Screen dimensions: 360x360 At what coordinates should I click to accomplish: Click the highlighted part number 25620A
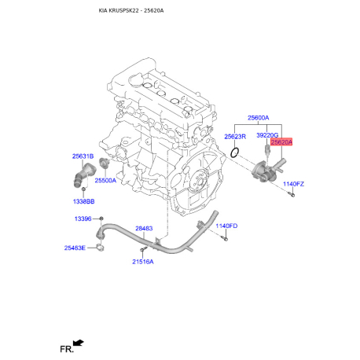(x=281, y=142)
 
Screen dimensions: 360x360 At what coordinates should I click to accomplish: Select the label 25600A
(x=258, y=118)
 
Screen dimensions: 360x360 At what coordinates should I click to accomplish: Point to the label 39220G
(x=267, y=135)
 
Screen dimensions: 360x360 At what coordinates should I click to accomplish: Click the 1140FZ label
(x=293, y=183)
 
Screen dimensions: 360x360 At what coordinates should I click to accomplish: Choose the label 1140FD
(x=226, y=226)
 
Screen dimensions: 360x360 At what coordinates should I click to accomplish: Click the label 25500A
(x=105, y=180)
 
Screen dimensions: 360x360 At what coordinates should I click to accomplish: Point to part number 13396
(x=83, y=218)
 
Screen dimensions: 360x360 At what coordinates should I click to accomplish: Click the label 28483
(x=144, y=229)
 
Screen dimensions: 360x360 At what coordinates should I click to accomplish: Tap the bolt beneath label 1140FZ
(x=292, y=193)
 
